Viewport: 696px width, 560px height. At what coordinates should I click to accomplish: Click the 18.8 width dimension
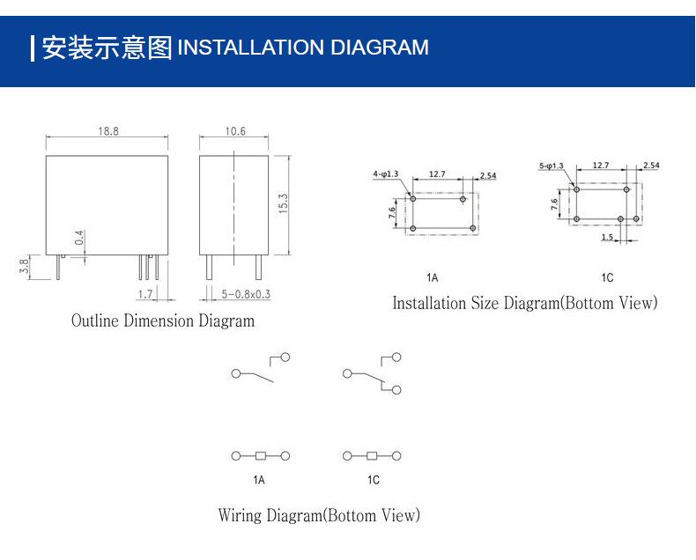[x=108, y=131]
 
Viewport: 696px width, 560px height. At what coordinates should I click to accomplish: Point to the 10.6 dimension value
[x=235, y=131]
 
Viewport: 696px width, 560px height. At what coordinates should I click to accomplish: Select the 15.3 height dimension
[x=283, y=204]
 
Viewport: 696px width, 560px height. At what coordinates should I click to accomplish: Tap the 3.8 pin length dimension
[x=24, y=265]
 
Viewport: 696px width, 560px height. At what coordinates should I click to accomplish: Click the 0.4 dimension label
[x=79, y=238]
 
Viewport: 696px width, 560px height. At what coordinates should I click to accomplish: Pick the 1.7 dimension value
[x=145, y=294]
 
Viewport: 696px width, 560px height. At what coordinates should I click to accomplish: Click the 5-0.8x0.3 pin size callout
[x=246, y=294]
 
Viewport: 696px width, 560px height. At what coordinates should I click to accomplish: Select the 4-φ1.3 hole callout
[x=386, y=174]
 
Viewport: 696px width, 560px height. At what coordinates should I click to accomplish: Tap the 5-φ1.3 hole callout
[x=552, y=166]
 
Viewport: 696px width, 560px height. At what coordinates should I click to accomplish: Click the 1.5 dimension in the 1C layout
[x=607, y=237]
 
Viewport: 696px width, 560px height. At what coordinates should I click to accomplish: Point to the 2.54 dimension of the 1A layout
[x=488, y=176]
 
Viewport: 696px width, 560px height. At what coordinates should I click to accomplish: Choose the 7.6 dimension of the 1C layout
[x=554, y=204]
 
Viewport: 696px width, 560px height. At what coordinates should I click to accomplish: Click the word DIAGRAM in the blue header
[x=380, y=47]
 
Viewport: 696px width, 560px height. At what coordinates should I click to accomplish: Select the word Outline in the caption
[x=95, y=321]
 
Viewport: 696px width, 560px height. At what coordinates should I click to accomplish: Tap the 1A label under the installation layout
[x=432, y=277]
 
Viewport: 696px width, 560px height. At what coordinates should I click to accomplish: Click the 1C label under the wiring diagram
[x=374, y=480]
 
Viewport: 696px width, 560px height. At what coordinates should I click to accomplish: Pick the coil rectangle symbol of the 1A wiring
[x=261, y=456]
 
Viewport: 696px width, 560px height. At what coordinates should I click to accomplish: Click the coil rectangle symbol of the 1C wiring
[x=372, y=456]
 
